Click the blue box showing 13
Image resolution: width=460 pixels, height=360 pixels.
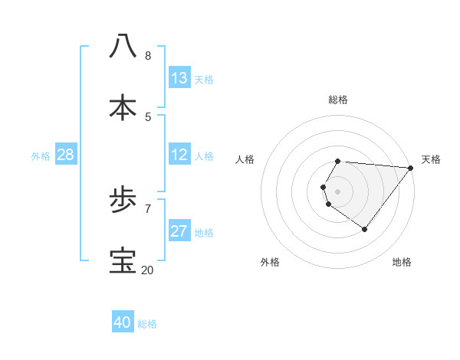point(179,78)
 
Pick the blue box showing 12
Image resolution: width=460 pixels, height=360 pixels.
point(179,155)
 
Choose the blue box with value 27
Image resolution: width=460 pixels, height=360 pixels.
point(179,231)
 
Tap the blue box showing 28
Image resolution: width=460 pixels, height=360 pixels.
point(66,155)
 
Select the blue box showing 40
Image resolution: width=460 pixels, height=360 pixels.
point(123,322)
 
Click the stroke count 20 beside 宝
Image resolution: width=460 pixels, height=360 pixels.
point(147,270)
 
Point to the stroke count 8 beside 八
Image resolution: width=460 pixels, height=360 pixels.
point(148,55)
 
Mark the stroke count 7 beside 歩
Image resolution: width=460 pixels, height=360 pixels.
point(148,208)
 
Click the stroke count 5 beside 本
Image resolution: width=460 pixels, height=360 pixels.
point(148,116)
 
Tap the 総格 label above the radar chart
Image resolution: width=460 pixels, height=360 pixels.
point(338,100)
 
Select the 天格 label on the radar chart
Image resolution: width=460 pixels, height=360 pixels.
point(431,159)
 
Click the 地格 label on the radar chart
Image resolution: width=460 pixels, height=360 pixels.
point(402,262)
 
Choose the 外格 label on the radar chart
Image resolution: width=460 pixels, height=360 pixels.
point(270,262)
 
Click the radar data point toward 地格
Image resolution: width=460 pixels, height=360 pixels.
point(365,229)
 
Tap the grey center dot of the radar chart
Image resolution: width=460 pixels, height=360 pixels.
point(338,191)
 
